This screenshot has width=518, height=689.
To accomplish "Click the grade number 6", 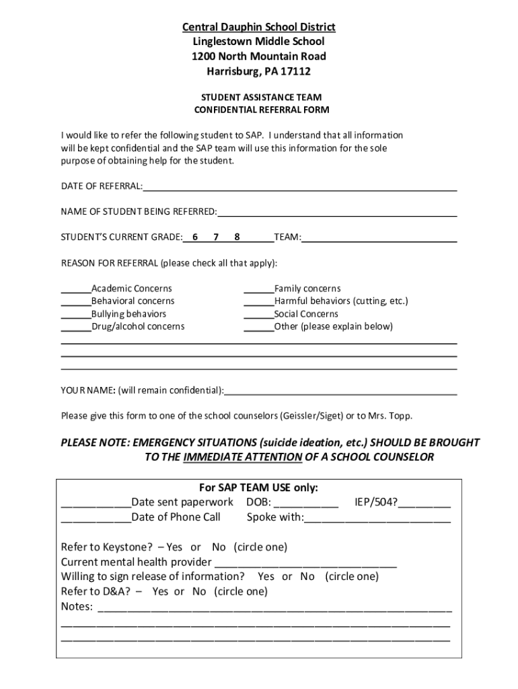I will coord(195,237).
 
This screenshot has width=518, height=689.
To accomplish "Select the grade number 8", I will coord(237,237).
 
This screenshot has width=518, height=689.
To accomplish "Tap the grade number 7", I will coord(216,237).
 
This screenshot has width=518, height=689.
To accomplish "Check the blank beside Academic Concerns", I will coord(76,290).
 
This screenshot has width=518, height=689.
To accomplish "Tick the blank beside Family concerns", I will coord(258,290).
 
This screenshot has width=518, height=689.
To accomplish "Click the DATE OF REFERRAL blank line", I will coord(299,188).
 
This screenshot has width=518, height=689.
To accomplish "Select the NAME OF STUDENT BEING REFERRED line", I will coord(336,213).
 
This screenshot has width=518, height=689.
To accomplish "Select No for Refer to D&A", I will coord(199,591).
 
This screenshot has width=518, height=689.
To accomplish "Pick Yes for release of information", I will coord(266,577).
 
